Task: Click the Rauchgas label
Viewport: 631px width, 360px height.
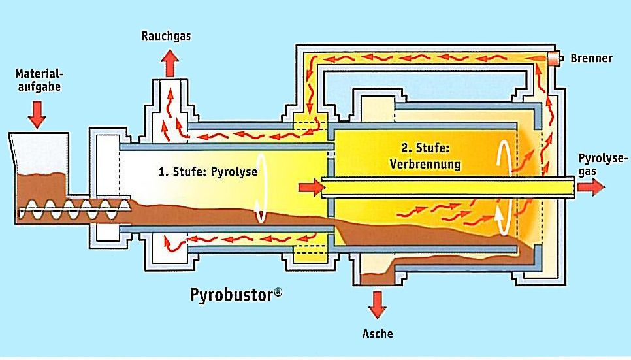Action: pyautogui.click(x=166, y=36)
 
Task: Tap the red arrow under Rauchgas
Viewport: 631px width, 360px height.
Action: pyautogui.click(x=170, y=63)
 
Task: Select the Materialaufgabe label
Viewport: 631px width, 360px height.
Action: pyautogui.click(x=39, y=80)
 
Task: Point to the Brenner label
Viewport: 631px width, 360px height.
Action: pyautogui.click(x=591, y=58)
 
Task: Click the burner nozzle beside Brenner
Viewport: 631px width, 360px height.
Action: pyautogui.click(x=555, y=58)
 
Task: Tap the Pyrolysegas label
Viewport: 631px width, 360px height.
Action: pyautogui.click(x=602, y=165)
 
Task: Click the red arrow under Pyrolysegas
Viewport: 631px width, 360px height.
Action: pyautogui.click(x=591, y=188)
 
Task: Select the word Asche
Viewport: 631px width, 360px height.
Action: pyautogui.click(x=378, y=333)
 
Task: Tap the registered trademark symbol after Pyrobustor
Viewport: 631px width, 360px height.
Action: pyautogui.click(x=278, y=292)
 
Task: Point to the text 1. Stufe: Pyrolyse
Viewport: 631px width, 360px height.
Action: pyautogui.click(x=208, y=172)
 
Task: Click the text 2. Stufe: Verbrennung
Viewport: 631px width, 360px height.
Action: pyautogui.click(x=425, y=156)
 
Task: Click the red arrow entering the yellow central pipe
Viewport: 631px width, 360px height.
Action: pyautogui.click(x=312, y=188)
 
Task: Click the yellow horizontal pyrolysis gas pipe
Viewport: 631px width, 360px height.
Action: pyautogui.click(x=447, y=188)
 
